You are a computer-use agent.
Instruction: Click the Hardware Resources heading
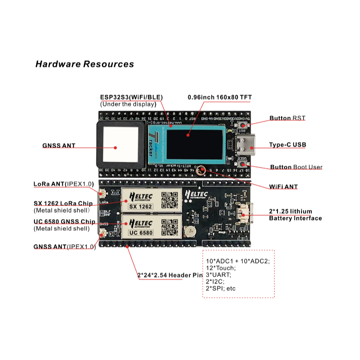click(85, 64)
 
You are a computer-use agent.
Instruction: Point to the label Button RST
click(287, 118)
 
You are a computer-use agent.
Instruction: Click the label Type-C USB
click(288, 145)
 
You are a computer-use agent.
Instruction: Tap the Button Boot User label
click(296, 167)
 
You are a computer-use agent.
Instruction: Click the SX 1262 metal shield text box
click(140, 206)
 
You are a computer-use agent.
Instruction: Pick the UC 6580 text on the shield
click(140, 232)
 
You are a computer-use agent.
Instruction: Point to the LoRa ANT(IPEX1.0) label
click(64, 184)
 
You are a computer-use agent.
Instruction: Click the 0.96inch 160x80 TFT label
click(219, 97)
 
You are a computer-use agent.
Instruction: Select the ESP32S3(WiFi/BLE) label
click(131, 97)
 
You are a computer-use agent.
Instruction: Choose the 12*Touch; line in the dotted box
click(221, 268)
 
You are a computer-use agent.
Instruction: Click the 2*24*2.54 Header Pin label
click(171, 276)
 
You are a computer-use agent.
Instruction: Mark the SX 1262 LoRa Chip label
click(63, 204)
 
